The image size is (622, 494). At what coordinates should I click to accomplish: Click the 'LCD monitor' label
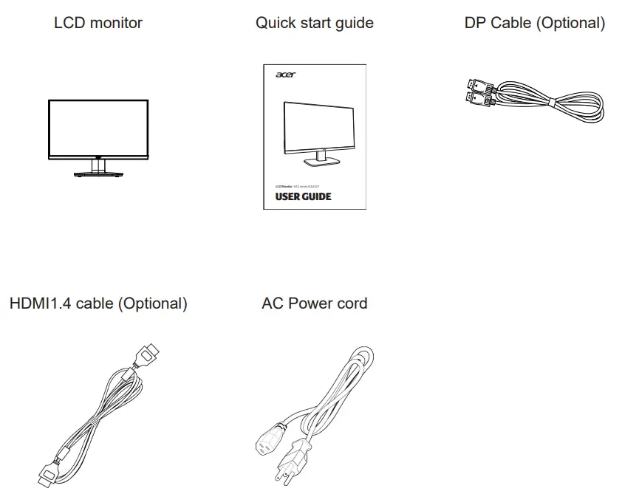click(x=98, y=23)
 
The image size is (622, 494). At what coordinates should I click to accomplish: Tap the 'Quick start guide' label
click(x=314, y=23)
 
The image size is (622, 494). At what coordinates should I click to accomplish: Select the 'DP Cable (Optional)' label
click(x=534, y=23)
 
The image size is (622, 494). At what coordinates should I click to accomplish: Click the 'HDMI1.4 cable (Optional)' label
click(x=98, y=303)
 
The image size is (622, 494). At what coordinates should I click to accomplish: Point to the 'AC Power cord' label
click(x=314, y=303)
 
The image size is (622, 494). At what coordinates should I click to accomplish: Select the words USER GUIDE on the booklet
click(x=303, y=197)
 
